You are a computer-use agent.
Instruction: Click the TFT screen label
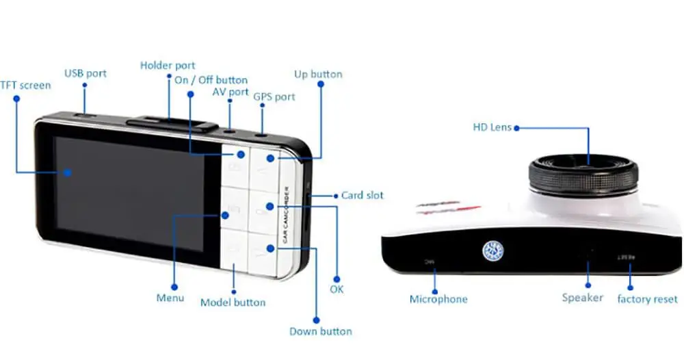pyautogui.click(x=25, y=86)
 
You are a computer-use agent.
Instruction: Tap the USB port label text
pyautogui.click(x=85, y=73)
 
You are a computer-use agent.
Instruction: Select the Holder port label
pyautogui.click(x=168, y=66)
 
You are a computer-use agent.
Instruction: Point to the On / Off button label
pyautogui.click(x=211, y=80)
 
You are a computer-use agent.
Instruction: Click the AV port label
pyautogui.click(x=230, y=92)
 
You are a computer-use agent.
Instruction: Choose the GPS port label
pyautogui.click(x=274, y=97)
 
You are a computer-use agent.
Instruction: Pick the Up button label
pyautogui.click(x=318, y=74)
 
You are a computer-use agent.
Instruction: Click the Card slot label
pyautogui.click(x=363, y=195)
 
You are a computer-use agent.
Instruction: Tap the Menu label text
pyautogui.click(x=170, y=298)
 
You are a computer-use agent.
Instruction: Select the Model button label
pyautogui.click(x=233, y=302)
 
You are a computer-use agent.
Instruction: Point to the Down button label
pyautogui.click(x=320, y=331)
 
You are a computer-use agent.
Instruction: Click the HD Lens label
pyautogui.click(x=492, y=127)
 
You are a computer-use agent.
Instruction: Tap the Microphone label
pyautogui.click(x=438, y=299)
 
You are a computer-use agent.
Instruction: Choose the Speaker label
pyautogui.click(x=582, y=298)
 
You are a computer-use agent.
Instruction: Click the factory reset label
pyautogui.click(x=647, y=299)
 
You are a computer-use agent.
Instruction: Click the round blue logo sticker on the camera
pyautogui.click(x=494, y=251)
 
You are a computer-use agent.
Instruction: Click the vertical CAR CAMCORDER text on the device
pyautogui.click(x=286, y=216)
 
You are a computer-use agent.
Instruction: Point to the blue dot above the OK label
pyautogui.click(x=335, y=279)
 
